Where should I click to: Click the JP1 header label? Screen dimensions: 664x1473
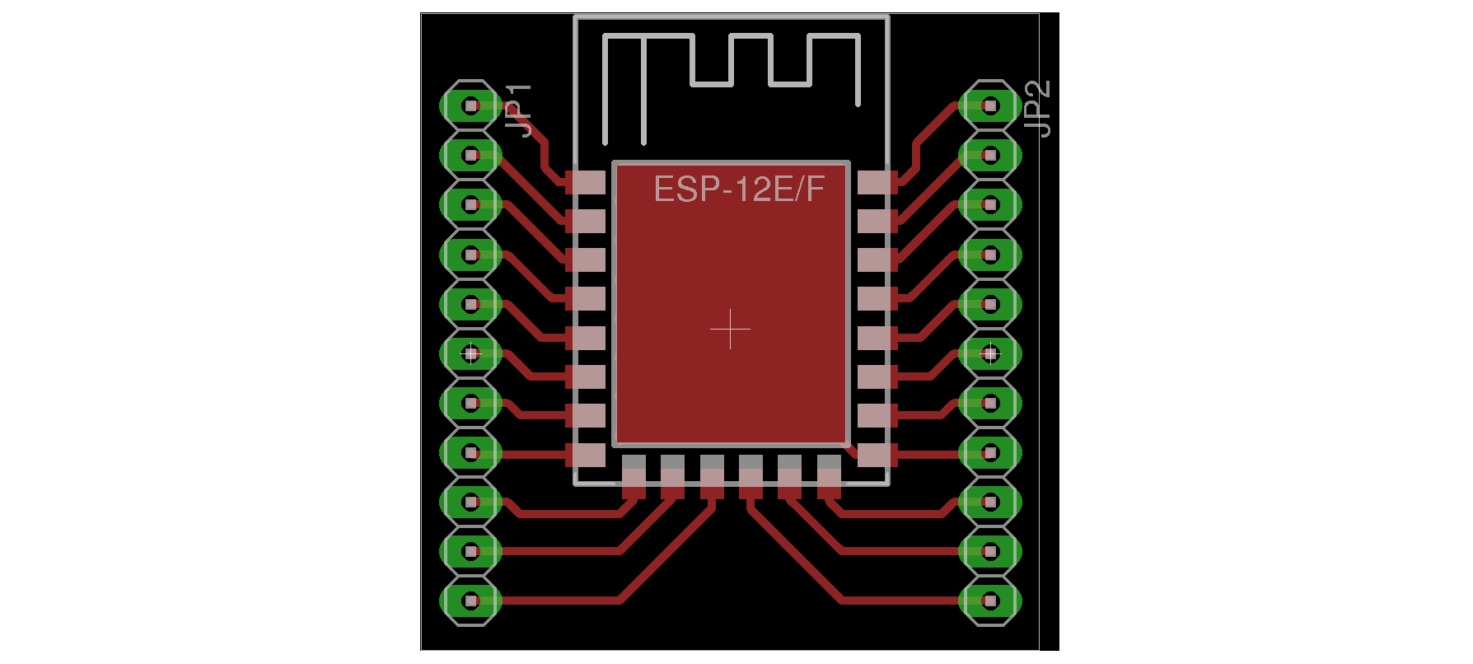519,110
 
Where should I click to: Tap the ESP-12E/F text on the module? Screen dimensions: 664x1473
739,189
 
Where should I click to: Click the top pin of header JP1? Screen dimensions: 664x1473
471,105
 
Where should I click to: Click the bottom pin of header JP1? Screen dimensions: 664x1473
471,601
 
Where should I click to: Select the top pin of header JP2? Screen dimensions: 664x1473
990,105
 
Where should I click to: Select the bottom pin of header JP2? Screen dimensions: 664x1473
990,601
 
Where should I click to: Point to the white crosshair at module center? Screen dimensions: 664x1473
730,330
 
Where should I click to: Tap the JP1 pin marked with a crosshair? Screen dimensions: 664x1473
471,353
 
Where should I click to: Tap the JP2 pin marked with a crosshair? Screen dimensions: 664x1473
990,353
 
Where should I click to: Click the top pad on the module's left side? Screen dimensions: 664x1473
587,182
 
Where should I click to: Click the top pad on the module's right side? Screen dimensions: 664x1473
875,182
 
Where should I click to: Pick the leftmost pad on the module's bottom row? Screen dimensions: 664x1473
634,477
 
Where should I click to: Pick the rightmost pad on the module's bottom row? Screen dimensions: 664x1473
829,477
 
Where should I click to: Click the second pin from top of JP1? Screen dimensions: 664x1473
471,155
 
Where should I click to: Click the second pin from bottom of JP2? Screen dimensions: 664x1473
990,551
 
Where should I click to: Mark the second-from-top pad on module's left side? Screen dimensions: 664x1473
587,221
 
